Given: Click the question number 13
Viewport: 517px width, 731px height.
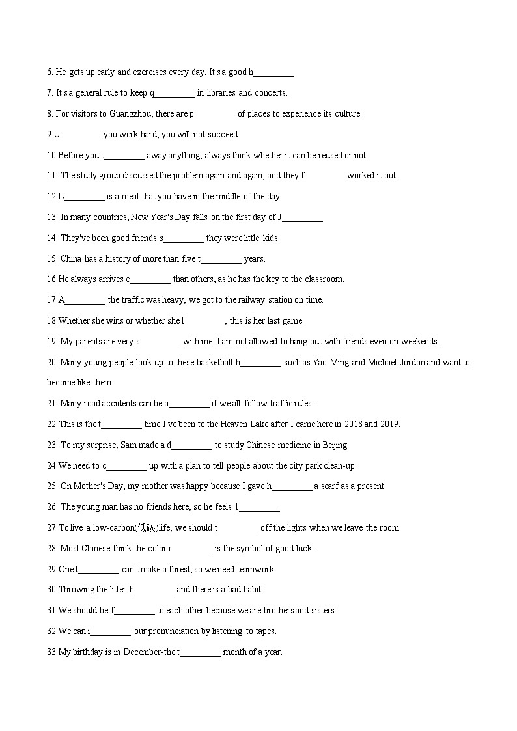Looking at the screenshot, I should (52, 217).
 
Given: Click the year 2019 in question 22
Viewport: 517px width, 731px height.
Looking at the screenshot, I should (389, 424).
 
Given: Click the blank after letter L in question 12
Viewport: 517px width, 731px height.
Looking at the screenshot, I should (84, 196).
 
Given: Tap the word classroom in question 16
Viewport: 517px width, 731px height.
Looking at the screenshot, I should (324, 279).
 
